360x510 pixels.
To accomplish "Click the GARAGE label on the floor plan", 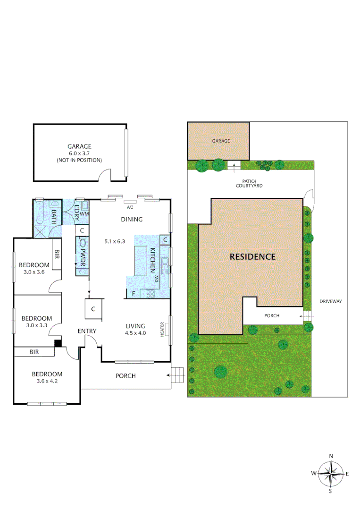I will pyautogui.click(x=79, y=146).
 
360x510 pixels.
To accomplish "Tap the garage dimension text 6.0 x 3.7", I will pyautogui.click(x=79, y=153).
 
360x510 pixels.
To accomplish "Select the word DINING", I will pyautogui.click(x=132, y=219).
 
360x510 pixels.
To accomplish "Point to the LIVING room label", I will pyautogui.click(x=135, y=326).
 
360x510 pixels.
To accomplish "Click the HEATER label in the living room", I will pyautogui.click(x=162, y=329).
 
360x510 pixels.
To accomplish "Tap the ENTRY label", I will pyautogui.click(x=87, y=331).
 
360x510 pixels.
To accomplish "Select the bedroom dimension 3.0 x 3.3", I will pyautogui.click(x=36, y=325).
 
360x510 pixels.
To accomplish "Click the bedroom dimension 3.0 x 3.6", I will pyautogui.click(x=34, y=272).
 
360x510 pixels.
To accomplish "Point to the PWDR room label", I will pyautogui.click(x=83, y=258).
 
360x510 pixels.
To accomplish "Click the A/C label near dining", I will pyautogui.click(x=129, y=207).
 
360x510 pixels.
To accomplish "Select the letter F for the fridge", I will pyautogui.click(x=134, y=294).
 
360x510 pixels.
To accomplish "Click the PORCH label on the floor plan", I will pyautogui.click(x=126, y=376).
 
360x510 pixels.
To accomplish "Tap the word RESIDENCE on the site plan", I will pyautogui.click(x=252, y=257).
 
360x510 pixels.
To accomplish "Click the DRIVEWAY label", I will pyautogui.click(x=330, y=301).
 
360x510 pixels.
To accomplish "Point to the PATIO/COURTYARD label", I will pyautogui.click(x=250, y=183).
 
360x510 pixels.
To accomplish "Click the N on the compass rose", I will pyautogui.click(x=331, y=456).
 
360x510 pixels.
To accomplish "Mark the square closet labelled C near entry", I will pyautogui.click(x=93, y=309).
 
